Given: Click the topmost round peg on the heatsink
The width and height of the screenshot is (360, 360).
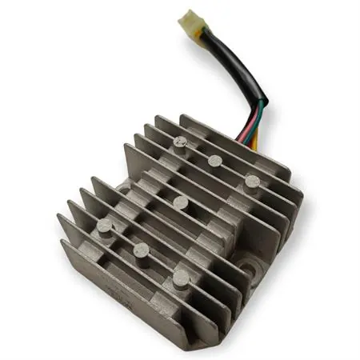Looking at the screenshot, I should click(x=180, y=144).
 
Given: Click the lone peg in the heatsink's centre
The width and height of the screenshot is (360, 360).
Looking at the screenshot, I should click(x=181, y=202).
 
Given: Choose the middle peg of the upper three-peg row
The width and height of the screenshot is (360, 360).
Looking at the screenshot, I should click(x=214, y=161).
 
